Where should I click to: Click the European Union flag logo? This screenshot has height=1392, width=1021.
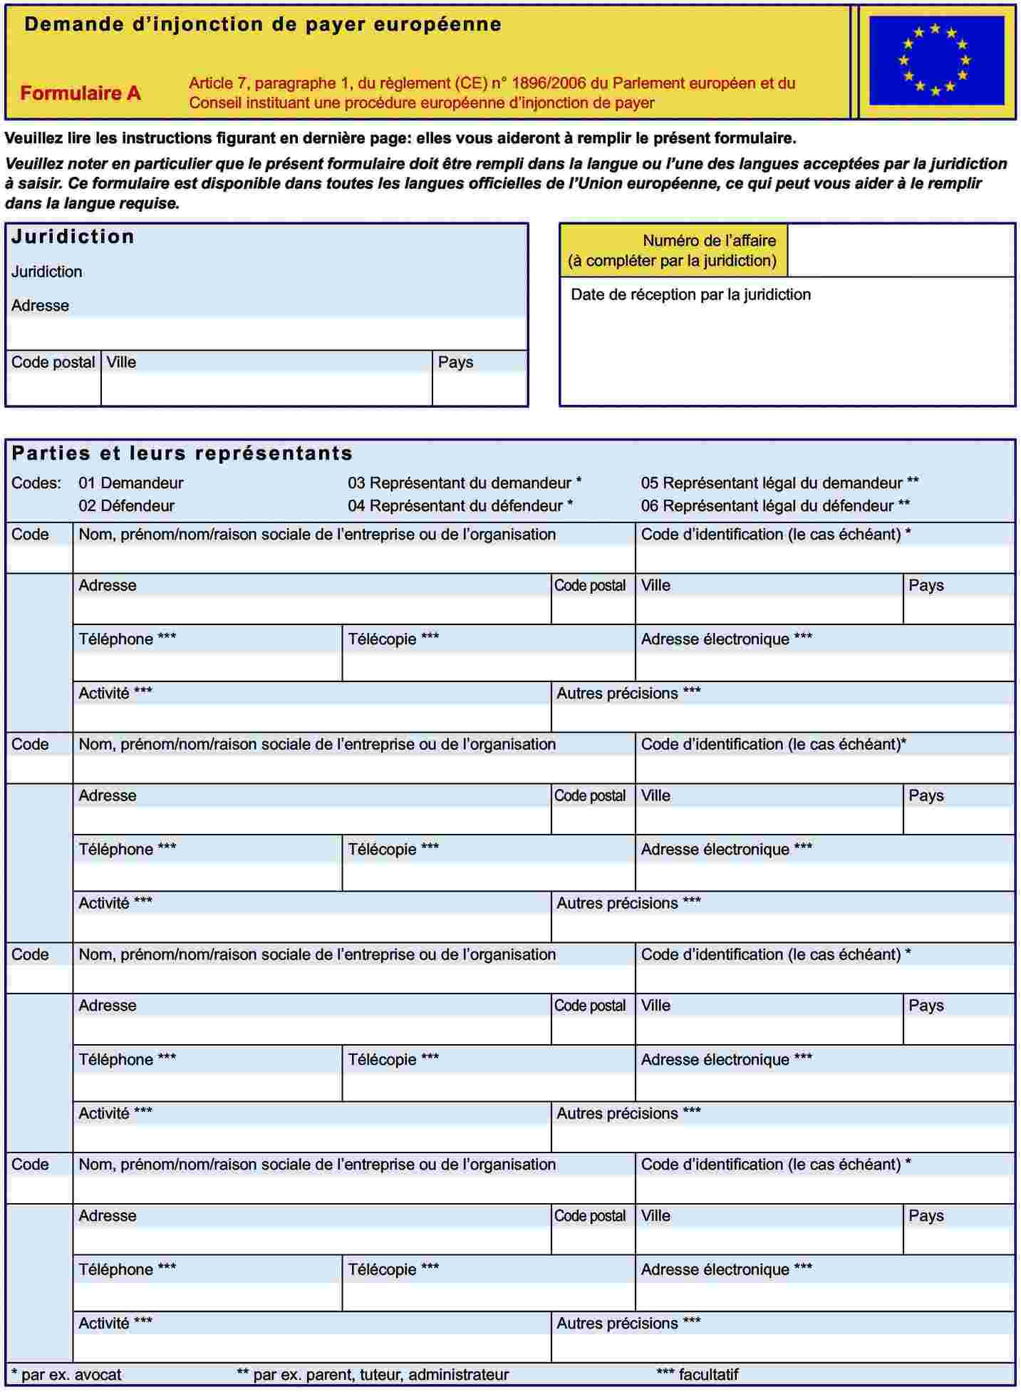point(936,61)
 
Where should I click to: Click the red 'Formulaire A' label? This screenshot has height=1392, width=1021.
point(81,93)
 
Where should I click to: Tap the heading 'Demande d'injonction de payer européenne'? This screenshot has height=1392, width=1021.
point(263,25)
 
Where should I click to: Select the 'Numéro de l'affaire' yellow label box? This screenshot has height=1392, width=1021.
point(673,250)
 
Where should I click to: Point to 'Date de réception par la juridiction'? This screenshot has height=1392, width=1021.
point(690,294)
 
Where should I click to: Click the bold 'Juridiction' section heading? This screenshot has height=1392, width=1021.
point(73,237)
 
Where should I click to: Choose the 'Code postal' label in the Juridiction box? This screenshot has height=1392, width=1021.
point(53,362)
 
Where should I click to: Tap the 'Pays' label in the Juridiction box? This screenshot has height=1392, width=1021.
point(455,362)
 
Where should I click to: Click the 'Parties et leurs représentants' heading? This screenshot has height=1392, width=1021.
point(182,453)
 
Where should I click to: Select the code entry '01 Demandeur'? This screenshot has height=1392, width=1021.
point(131,483)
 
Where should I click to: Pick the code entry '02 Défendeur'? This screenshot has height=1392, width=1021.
point(127,505)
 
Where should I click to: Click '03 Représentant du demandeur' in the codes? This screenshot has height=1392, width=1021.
point(465,483)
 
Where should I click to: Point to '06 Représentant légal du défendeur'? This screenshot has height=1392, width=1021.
point(775,505)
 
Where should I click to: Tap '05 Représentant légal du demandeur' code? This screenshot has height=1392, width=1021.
point(779,483)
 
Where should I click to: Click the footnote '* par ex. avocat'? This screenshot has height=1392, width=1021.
point(66,1374)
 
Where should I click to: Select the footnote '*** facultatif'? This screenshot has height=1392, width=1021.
point(698,1374)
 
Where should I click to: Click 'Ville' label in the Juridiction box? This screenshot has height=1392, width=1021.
point(121,362)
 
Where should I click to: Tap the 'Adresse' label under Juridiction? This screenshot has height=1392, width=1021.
point(40,306)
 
